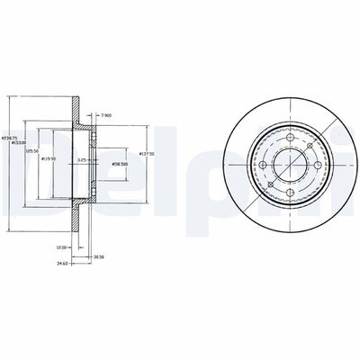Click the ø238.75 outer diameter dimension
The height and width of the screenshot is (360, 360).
(9, 134)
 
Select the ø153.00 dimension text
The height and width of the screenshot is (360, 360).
(17, 142)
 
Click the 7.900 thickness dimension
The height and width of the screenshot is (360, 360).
(106, 115)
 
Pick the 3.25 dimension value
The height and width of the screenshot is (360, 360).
(106, 160)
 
